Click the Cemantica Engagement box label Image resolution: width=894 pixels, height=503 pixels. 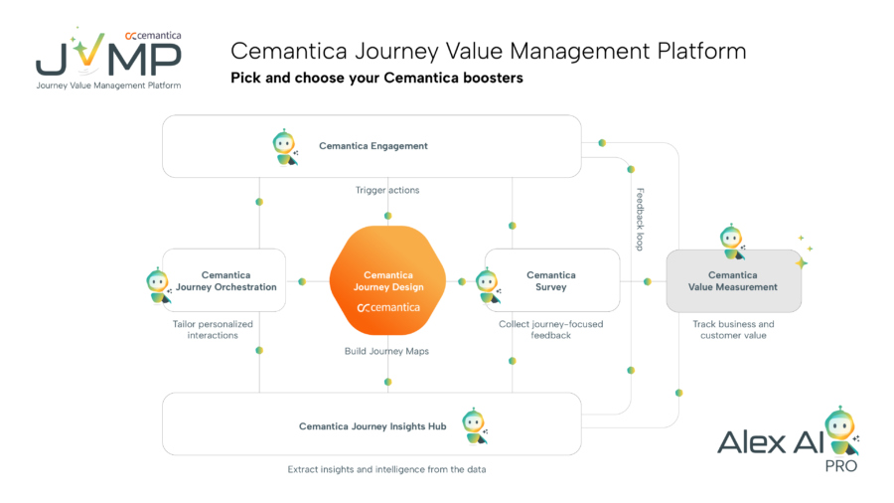point(372,146)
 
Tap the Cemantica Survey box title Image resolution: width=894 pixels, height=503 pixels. point(550,281)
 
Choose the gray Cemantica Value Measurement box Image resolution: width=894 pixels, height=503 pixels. point(732,281)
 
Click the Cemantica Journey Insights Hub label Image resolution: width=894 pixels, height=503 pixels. point(372,426)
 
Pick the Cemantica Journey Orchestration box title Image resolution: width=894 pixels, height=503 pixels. point(225,281)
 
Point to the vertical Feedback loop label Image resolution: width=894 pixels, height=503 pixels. point(641,219)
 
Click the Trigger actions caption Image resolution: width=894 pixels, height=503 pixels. point(387,190)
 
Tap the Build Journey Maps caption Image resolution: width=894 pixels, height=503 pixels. point(387,351)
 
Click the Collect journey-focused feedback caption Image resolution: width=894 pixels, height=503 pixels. point(550,330)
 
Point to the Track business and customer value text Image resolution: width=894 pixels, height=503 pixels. point(733,330)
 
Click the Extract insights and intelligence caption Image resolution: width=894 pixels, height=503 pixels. point(386,468)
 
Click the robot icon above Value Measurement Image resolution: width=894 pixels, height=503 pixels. point(732,242)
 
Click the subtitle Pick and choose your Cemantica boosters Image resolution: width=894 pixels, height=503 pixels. point(376,78)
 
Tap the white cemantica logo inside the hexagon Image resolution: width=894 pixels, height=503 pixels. point(387,307)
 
